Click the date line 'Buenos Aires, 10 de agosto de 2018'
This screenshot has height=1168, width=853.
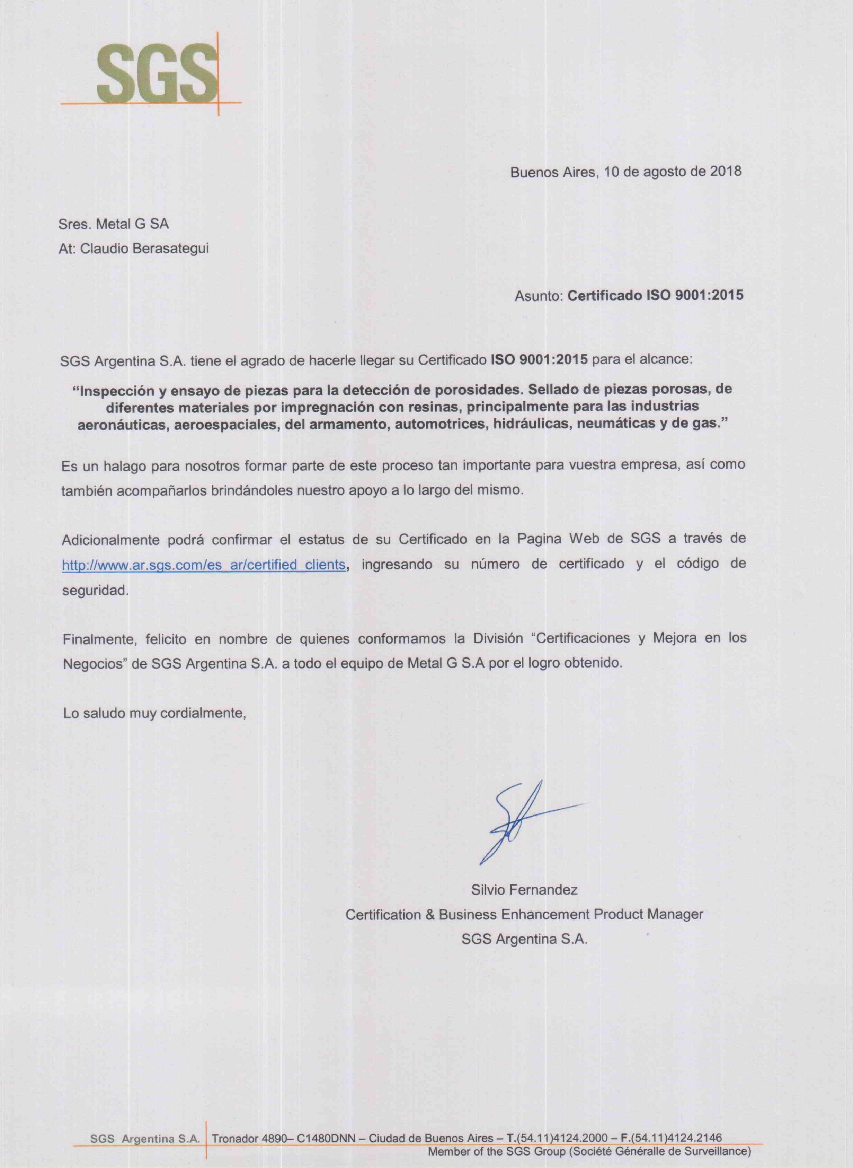(625, 172)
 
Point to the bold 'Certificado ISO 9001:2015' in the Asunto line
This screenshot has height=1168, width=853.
(655, 296)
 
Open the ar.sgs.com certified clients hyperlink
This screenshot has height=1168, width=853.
(203, 565)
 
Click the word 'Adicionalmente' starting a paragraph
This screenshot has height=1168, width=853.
(110, 540)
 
